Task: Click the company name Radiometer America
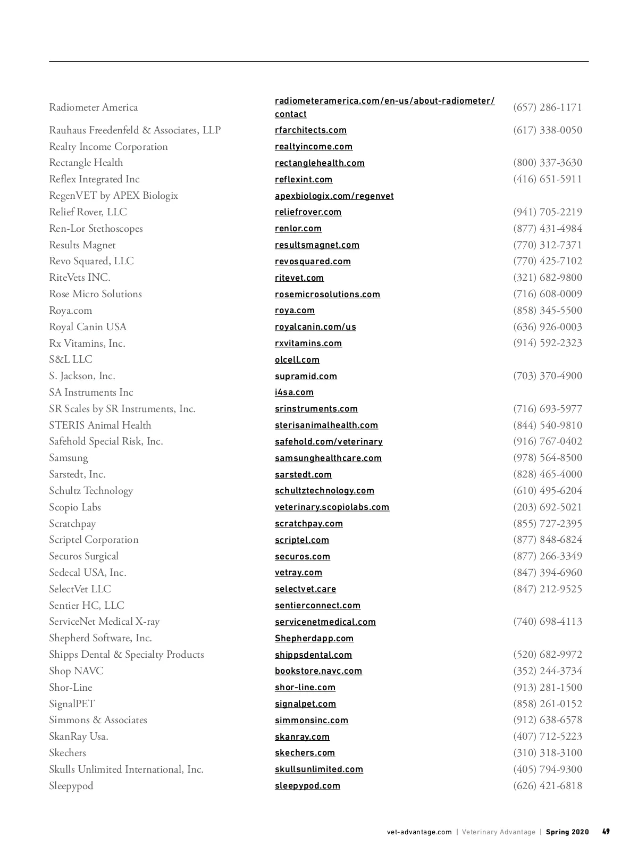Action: [x=93, y=107]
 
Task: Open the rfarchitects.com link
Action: [x=310, y=130]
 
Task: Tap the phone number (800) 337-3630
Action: [x=547, y=163]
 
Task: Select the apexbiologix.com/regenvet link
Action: [x=334, y=196]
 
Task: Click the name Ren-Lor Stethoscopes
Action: [x=96, y=229]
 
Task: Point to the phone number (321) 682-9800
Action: [x=547, y=278]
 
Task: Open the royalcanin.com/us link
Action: [x=315, y=327]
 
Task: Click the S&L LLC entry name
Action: [x=71, y=359]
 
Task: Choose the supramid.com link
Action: [x=306, y=376]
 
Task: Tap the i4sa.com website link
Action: [x=294, y=392]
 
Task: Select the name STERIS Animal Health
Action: [x=100, y=425]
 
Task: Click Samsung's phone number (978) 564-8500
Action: [x=547, y=458]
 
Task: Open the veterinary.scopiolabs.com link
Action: [x=332, y=507]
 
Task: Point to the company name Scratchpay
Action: [x=72, y=524]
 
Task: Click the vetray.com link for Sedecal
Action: [x=298, y=573]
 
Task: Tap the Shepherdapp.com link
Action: [x=314, y=639]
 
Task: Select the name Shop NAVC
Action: [x=76, y=671]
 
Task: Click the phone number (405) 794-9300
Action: [x=547, y=769]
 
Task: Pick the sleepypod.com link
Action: [x=307, y=786]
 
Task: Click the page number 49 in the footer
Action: [x=606, y=832]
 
